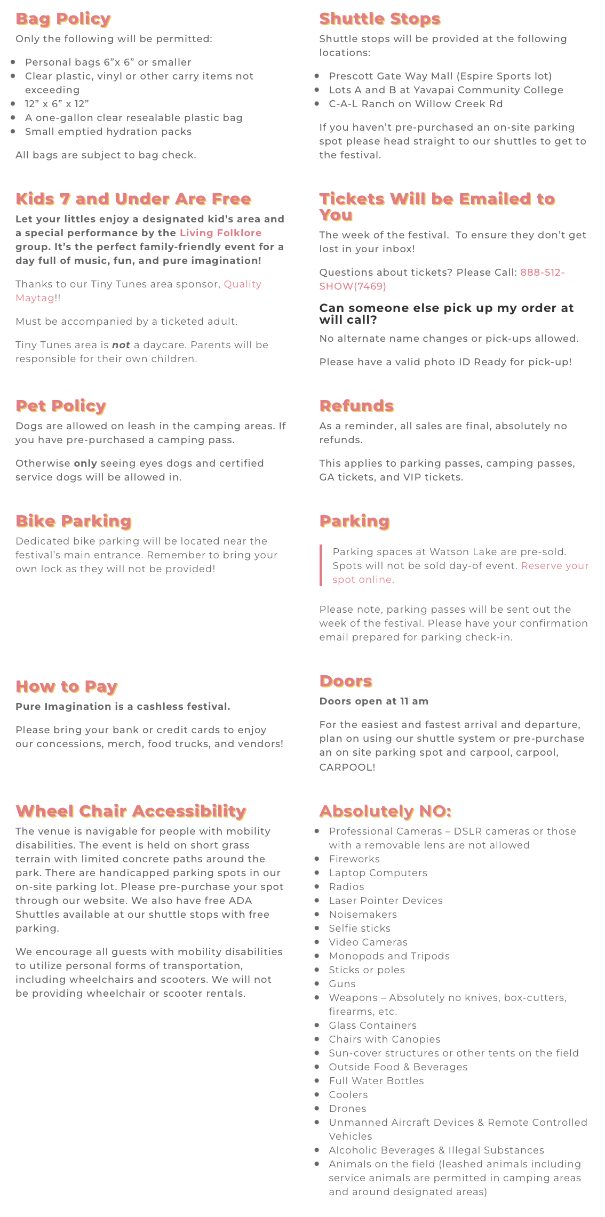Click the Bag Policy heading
coord(63,19)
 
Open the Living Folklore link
coord(220,233)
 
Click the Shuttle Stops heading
coord(379,19)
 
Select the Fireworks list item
coord(354,859)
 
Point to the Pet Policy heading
coord(61,406)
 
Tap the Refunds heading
coord(356,406)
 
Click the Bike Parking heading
coord(74,522)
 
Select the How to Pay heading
coord(66,687)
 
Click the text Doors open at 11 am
coord(373,701)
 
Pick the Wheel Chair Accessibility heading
coord(131,812)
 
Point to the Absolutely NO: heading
coord(385,812)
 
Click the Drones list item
coord(347,1109)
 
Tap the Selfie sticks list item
coord(360,928)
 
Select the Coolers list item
coord(348,1095)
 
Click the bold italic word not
coord(121,345)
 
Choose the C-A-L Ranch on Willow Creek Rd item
coord(416,104)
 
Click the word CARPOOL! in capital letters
coord(347,767)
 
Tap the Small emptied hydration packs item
coord(108,132)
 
